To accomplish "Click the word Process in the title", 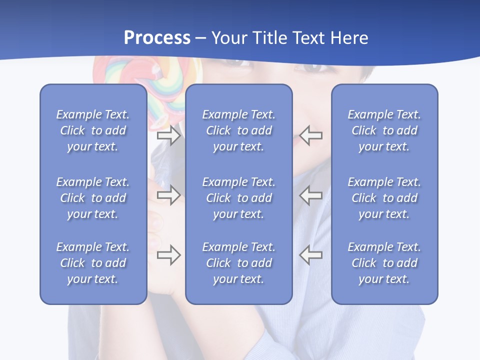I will (157, 38).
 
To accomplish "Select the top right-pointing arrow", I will (168, 135).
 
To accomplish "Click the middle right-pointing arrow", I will (168, 195).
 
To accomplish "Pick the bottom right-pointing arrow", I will (168, 255).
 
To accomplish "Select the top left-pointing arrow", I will (311, 135).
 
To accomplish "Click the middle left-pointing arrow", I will (311, 195).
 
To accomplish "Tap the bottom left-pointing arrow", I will (311, 255).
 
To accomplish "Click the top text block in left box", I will (93, 130).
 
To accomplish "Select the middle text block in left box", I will (93, 198).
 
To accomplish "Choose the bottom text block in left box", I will (93, 263).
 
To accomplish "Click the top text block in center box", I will (239, 130).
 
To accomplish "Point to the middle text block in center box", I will (239, 198).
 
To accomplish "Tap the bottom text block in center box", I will (239, 263).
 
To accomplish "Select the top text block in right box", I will (384, 130).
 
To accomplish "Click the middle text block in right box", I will (384, 198).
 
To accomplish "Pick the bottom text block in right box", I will (384, 263).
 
